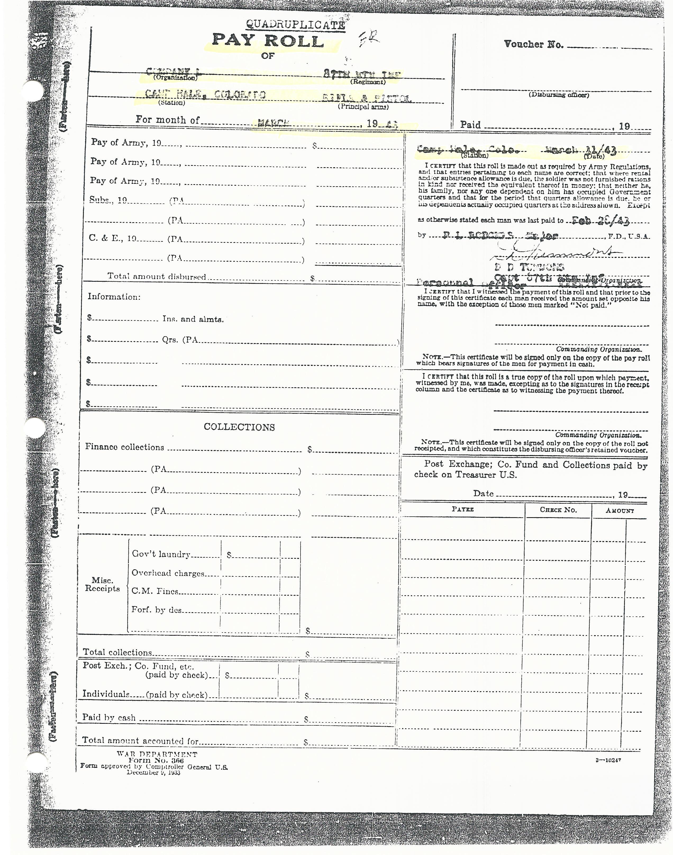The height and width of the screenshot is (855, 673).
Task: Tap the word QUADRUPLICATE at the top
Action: pos(295,25)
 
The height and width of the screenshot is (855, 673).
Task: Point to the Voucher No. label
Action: pos(534,44)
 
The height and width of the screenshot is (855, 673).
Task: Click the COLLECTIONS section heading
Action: pos(239,427)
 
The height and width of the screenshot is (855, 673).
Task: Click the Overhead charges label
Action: pos(168,573)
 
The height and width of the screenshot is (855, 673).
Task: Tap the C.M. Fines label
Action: pos(155,592)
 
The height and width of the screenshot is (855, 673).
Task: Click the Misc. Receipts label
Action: pos(102,585)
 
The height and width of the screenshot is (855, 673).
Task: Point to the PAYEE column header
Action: pos(463,509)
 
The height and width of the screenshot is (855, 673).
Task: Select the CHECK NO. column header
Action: pos(558,510)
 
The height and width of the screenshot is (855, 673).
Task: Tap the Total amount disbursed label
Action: pos(157,277)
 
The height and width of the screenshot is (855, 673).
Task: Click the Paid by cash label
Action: pos(109,717)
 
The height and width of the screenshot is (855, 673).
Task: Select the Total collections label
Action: pos(117,652)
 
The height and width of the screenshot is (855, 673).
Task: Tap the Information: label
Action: pos(114,297)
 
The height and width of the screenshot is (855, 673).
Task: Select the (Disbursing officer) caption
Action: pos(559,94)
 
